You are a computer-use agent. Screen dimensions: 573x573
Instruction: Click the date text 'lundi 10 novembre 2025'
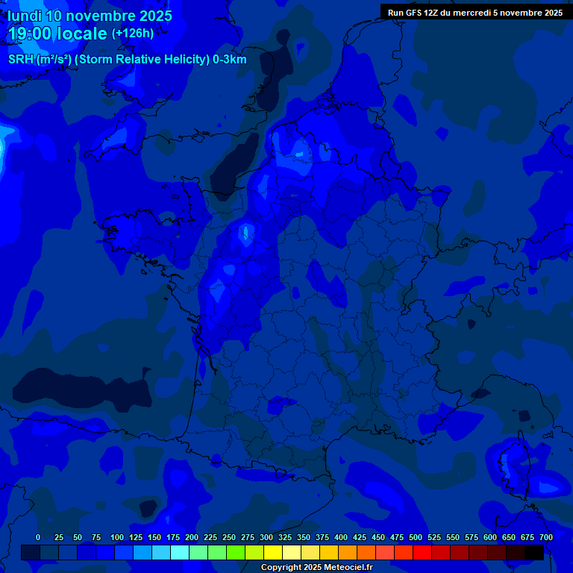90,16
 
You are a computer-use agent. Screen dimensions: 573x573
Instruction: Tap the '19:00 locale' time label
57,34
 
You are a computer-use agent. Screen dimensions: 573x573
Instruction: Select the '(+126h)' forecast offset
133,34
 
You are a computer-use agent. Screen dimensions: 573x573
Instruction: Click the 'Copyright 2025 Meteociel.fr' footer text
316,567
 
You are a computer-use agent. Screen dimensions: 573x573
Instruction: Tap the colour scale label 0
38,537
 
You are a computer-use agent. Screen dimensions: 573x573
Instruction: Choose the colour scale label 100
117,537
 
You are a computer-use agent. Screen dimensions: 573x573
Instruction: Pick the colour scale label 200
192,537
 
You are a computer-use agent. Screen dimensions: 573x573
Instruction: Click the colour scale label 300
266,537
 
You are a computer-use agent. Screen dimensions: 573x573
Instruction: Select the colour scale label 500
416,537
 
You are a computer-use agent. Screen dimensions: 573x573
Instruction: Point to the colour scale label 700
546,537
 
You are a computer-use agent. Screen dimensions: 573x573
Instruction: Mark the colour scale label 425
360,537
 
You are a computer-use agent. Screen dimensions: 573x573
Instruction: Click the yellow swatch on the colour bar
273,552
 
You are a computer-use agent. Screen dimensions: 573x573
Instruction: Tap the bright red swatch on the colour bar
422,552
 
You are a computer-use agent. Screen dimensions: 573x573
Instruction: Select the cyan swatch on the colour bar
180,552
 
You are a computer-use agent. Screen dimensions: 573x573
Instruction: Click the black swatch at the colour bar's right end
534,552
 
